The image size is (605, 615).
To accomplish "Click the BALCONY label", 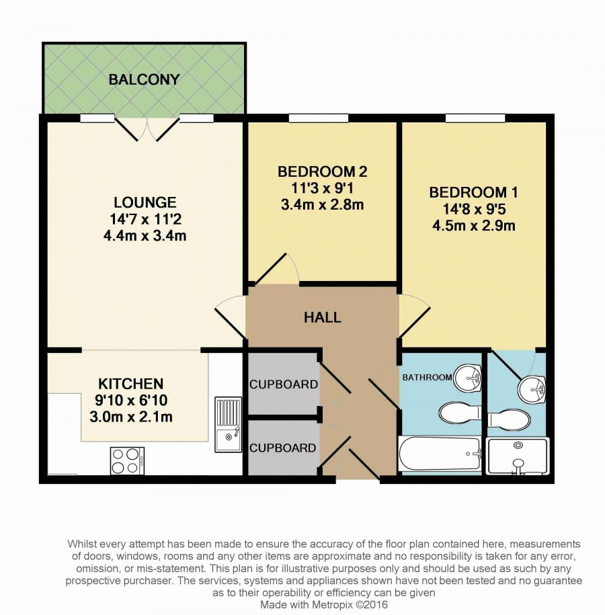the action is point(144,79).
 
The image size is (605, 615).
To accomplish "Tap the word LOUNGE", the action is point(145,202).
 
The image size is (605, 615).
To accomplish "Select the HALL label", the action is point(323,317).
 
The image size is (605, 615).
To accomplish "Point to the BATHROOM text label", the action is point(428,377).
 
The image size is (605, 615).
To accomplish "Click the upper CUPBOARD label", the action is point(284,384).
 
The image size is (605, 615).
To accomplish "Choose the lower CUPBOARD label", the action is point(283,448).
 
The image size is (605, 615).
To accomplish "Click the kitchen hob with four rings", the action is point(127,460).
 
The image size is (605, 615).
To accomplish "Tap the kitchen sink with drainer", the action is point(228,424).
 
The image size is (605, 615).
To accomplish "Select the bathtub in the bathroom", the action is point(440,454).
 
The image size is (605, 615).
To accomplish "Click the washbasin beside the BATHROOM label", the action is point(468,378).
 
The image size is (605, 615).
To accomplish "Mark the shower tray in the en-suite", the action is point(517,457).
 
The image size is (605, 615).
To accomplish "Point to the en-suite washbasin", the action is point(532,389).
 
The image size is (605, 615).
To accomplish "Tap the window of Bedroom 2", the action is point(319,118).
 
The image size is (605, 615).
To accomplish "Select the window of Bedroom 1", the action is point(475,118).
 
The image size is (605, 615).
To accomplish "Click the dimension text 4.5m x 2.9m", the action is point(473,226).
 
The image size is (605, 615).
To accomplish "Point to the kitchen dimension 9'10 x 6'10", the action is point(131,401).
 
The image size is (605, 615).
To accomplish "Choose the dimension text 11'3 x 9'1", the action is point(322,189).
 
